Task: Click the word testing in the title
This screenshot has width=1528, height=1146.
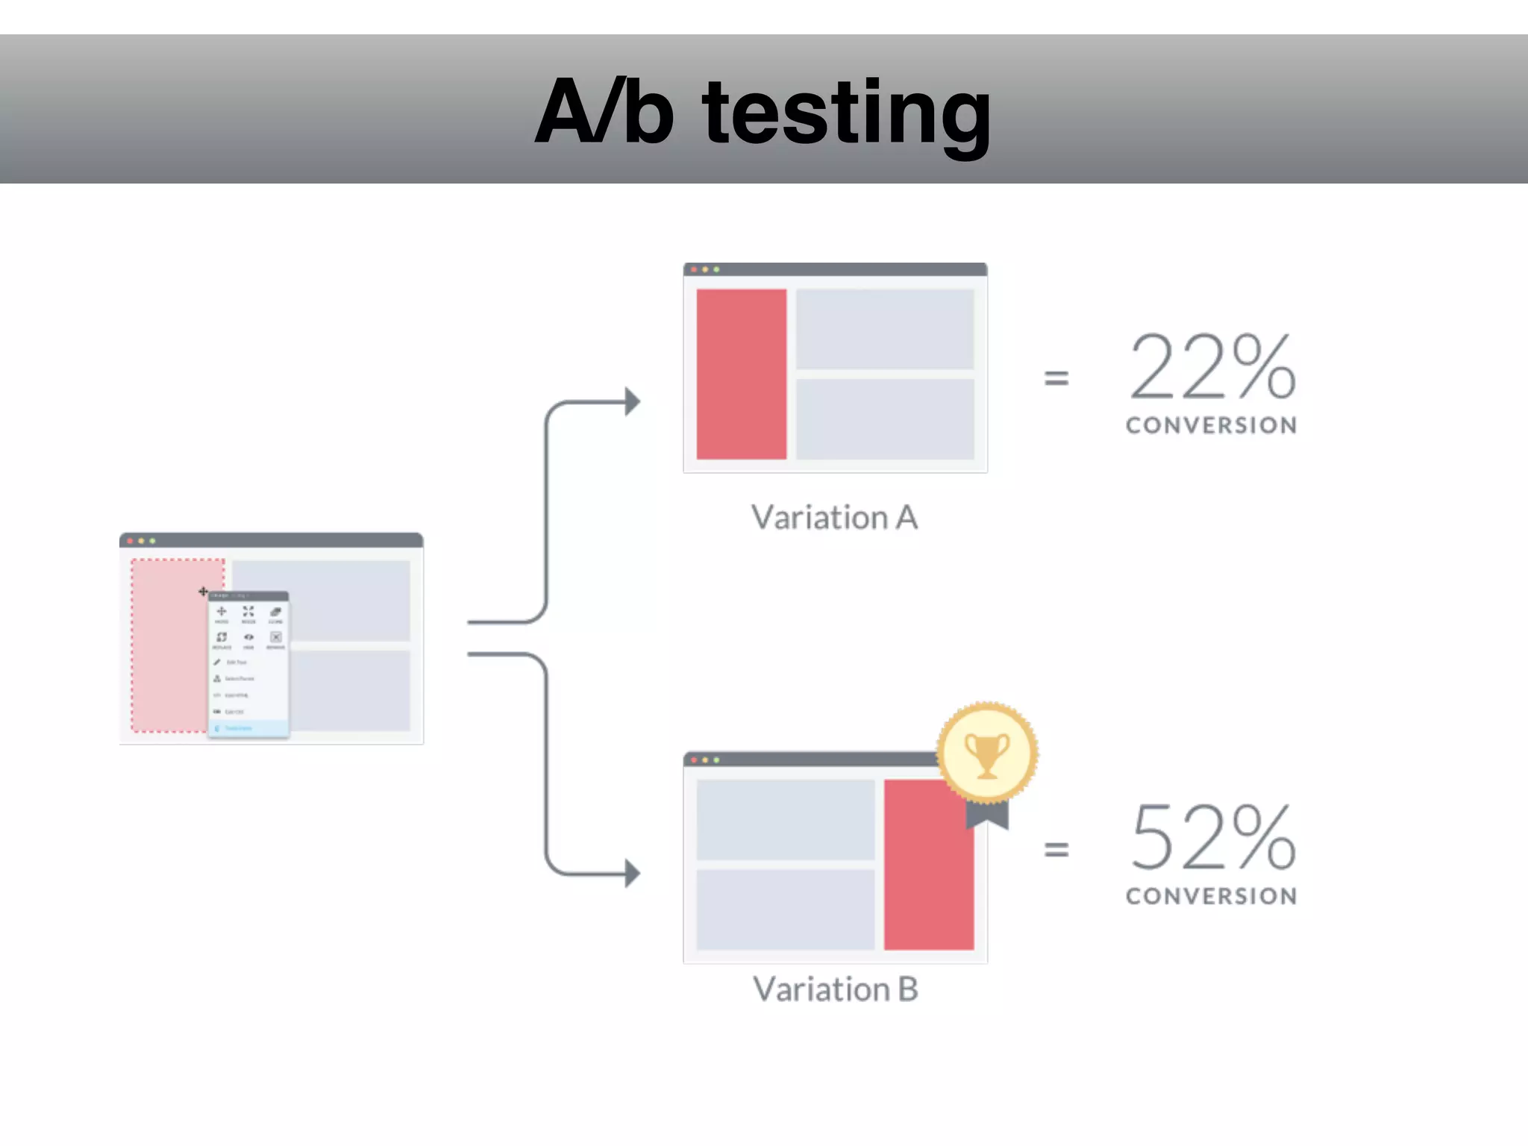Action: [x=847, y=113]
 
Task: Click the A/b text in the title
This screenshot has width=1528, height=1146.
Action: [x=604, y=112]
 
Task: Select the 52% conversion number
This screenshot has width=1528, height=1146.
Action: [x=1212, y=837]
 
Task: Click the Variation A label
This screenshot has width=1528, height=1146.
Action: [x=834, y=518]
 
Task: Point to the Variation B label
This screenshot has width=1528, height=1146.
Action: [x=835, y=989]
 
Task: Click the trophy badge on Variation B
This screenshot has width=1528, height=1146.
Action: [x=987, y=753]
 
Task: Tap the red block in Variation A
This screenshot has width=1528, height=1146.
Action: [x=741, y=374]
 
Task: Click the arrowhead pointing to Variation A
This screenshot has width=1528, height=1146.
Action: [x=632, y=401]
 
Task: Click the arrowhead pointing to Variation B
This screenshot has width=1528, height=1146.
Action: [x=632, y=873]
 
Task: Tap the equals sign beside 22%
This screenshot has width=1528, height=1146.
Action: [x=1056, y=378]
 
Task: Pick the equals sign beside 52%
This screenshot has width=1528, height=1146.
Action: [x=1056, y=849]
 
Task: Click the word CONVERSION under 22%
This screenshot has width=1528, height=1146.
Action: [x=1211, y=425]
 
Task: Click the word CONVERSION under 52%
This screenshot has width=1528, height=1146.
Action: [x=1211, y=896]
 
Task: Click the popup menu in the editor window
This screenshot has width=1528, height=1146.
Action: [x=248, y=664]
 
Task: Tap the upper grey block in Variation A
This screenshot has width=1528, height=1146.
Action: [x=884, y=328]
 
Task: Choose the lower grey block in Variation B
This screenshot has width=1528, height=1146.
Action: [x=785, y=909]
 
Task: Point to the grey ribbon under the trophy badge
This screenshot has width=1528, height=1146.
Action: [x=986, y=815]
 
